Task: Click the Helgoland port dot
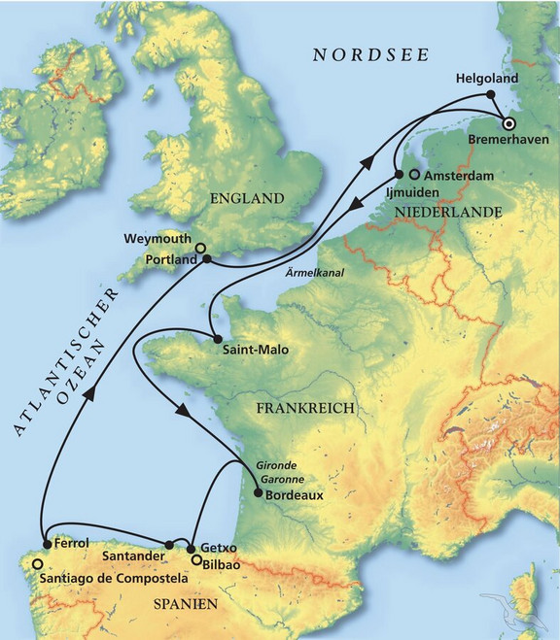(x=492, y=94)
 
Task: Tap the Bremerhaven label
(x=508, y=141)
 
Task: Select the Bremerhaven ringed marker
(x=508, y=122)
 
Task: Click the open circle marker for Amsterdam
(x=415, y=175)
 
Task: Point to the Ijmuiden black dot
(x=399, y=175)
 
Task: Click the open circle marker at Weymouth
(x=200, y=249)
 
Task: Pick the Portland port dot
(x=206, y=259)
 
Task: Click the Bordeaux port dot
(x=257, y=493)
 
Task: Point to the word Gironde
(x=278, y=466)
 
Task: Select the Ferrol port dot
(x=46, y=544)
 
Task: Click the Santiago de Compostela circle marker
(x=37, y=563)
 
